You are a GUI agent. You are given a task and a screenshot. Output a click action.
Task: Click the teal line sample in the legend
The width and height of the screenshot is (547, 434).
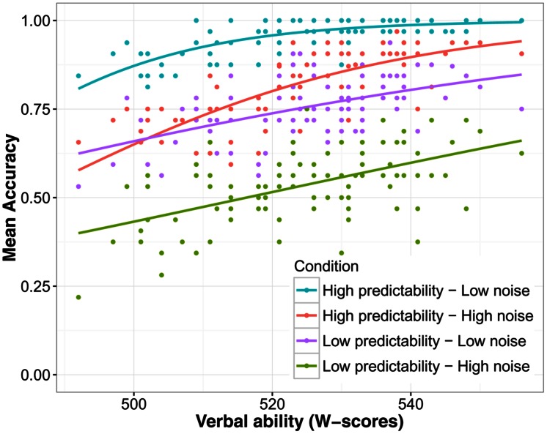(306, 291)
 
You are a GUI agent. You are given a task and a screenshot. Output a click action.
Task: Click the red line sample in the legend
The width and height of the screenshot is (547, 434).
(306, 315)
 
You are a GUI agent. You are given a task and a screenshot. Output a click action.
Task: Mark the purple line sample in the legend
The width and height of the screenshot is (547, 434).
(306, 340)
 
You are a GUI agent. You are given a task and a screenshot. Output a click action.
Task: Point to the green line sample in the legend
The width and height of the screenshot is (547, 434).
(306, 365)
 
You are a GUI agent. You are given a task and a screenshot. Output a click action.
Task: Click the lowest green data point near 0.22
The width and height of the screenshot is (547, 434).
(78, 297)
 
